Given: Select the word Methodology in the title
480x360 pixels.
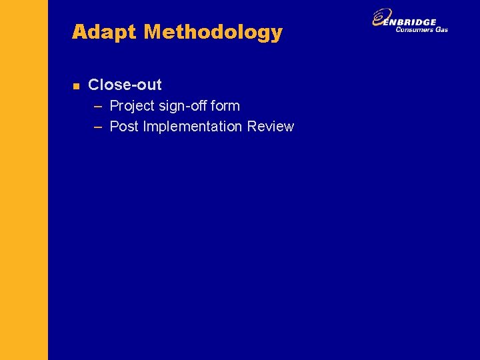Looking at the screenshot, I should (x=213, y=32).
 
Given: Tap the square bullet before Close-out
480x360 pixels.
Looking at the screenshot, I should (x=76, y=86).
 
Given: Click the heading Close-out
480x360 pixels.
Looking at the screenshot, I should (x=125, y=85).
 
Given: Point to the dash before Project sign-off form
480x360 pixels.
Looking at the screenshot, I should (x=98, y=106).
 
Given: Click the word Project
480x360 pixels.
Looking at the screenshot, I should (x=131, y=106).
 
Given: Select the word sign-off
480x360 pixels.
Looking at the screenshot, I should (x=182, y=106).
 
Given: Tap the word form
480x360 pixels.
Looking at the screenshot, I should (x=225, y=105).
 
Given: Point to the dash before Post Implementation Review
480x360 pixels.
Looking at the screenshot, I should (x=98, y=127).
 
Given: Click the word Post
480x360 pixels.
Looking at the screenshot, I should (x=124, y=127).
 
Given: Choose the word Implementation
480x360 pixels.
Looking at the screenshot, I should (x=193, y=127).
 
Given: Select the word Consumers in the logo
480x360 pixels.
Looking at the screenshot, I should (x=415, y=29).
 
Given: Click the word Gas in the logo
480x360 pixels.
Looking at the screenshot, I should (x=442, y=29).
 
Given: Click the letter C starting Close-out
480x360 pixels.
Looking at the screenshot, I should (x=93, y=85).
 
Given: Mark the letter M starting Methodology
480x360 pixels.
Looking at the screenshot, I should (x=153, y=32).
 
